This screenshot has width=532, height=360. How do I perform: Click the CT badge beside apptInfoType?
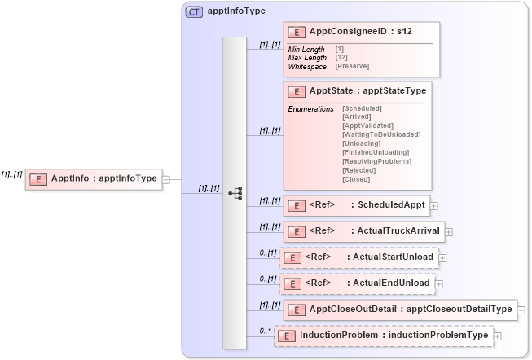194,11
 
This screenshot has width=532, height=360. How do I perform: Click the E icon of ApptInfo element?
38,178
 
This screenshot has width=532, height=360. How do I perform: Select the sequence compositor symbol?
235,193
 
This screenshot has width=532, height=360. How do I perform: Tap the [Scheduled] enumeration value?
362,108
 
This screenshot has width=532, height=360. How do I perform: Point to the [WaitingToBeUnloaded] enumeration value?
381,134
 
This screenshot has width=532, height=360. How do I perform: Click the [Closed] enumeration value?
355,179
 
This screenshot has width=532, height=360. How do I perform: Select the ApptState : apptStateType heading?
367,90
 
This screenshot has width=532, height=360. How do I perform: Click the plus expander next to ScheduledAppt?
434,206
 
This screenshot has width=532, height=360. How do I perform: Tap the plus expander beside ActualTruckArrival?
449,232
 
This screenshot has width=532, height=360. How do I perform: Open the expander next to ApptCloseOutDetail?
521,310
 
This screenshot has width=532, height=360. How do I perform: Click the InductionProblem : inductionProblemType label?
394,335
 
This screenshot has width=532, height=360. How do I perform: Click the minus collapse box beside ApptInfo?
166,179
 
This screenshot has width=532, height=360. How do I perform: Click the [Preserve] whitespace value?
352,66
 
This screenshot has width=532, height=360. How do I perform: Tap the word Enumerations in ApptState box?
310,108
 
